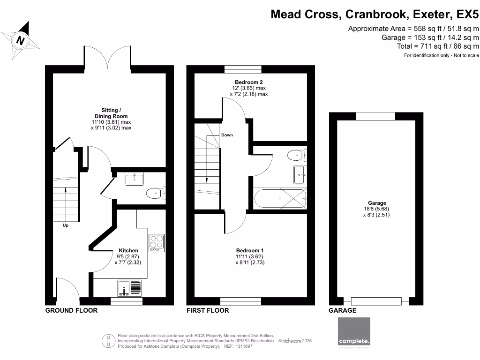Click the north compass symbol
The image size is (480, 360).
[20, 41]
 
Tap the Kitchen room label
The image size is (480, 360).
[127, 250]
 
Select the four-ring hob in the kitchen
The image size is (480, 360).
[157, 242]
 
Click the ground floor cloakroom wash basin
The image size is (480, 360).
[135, 179]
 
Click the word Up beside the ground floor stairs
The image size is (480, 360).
[66, 225]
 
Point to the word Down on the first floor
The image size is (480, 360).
[227, 135]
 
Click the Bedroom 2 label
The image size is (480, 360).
[248, 82]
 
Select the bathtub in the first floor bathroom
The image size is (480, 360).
[280, 199]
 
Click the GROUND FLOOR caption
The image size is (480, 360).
[71, 310]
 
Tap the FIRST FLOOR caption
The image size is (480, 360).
[208, 310]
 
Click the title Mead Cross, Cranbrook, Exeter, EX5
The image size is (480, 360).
[375, 15]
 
